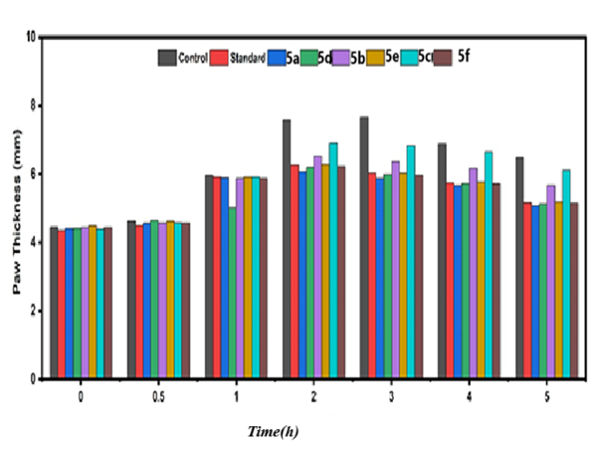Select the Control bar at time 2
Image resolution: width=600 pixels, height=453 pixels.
[287, 249]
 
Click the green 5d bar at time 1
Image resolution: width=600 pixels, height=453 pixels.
[232, 293]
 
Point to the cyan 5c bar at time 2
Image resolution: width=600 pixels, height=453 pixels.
[333, 260]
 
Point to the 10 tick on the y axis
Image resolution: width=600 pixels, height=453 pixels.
[32, 37]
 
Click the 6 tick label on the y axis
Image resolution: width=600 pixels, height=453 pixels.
[34, 173]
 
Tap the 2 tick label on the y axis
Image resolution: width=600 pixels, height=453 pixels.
[34, 311]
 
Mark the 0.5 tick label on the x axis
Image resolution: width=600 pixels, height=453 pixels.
[158, 396]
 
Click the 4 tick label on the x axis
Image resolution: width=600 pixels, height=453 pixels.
[469, 396]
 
